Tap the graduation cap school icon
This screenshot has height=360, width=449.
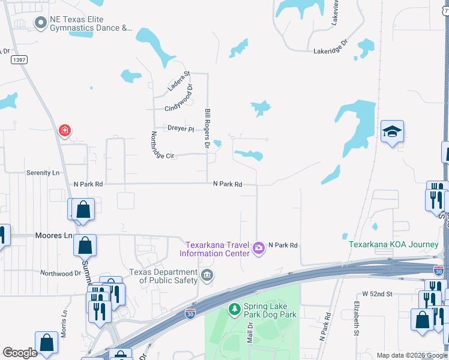tap(392, 131)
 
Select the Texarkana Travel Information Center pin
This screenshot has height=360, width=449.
tap(259, 247)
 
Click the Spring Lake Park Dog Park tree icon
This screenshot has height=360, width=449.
tap(235, 310)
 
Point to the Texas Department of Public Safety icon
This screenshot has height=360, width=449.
tap(207, 275)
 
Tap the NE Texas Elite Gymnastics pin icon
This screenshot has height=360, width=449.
tap(41, 23)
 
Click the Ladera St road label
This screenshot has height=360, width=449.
tap(178, 81)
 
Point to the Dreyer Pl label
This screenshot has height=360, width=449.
tap(181, 128)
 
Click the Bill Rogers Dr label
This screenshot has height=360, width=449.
tap(207, 128)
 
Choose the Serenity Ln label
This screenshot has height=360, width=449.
tap(44, 173)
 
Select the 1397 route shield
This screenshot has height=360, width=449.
tap(19, 60)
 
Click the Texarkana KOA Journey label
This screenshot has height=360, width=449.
tap(394, 244)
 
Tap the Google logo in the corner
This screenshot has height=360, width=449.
tap(20, 353)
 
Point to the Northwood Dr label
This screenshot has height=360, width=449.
tap(60, 273)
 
